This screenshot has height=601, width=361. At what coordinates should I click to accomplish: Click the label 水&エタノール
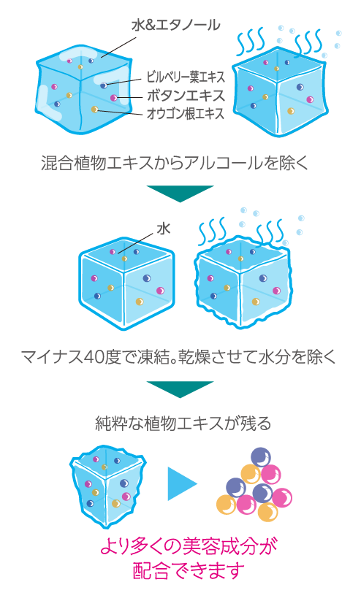coord(175,26)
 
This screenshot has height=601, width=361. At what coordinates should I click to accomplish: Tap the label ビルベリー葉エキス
coord(186,77)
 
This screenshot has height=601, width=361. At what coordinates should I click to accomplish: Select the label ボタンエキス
coord(186,96)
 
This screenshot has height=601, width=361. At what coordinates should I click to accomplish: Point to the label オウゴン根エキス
coord(186,114)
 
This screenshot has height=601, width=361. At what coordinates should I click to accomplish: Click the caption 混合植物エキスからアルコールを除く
coord(175,163)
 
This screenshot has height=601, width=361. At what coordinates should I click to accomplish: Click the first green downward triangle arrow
coord(180,194)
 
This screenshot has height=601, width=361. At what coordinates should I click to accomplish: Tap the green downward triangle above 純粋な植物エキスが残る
coord(180,389)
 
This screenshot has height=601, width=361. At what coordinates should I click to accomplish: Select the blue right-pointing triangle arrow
coord(181,483)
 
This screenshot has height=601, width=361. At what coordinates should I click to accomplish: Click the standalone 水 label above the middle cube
coord(164,229)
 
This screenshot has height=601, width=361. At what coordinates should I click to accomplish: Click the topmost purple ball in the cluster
coord(261,457)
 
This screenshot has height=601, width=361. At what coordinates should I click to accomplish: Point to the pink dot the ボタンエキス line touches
coord(113,98)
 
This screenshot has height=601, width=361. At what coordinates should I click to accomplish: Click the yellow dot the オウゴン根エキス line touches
coord(94,110)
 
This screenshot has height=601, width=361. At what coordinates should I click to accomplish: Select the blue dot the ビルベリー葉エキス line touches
coord(104,85)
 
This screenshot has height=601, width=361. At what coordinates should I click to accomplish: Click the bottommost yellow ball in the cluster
coord(267,512)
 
